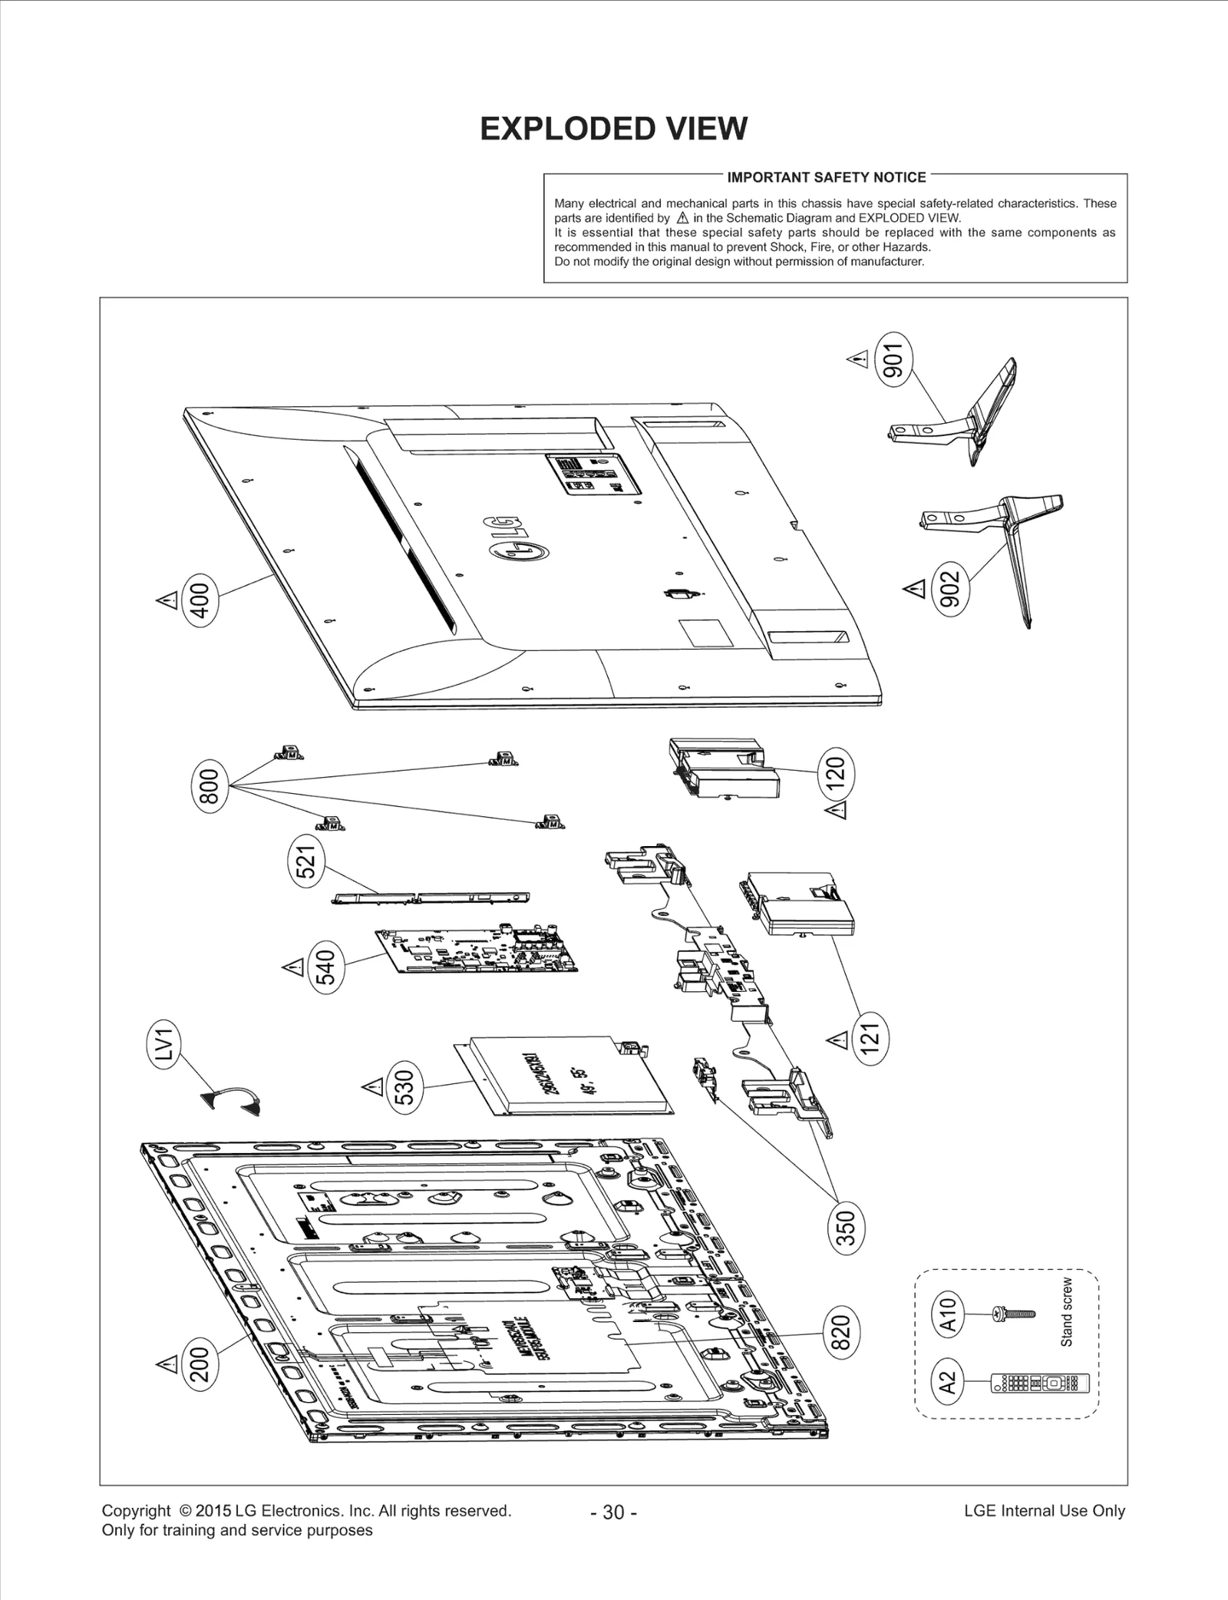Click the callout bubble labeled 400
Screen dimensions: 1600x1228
click(200, 597)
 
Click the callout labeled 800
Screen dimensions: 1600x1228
click(209, 784)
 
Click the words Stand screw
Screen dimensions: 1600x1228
click(1066, 1311)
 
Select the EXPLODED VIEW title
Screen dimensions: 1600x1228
click(613, 129)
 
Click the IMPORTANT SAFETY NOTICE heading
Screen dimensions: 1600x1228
click(826, 177)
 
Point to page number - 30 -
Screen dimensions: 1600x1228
click(613, 1512)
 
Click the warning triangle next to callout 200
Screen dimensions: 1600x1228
click(166, 1364)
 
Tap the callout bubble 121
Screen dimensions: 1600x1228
click(870, 1038)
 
